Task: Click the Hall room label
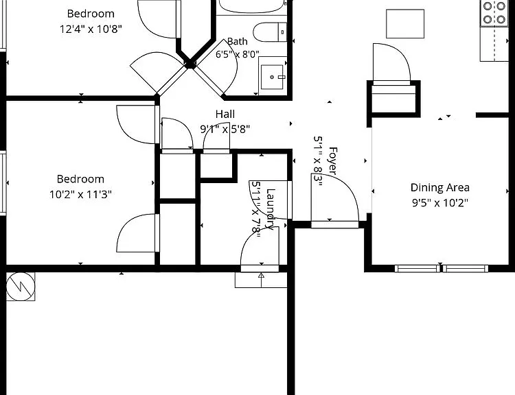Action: click(225, 114)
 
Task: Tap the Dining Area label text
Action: click(439, 188)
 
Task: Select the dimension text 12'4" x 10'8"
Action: click(91, 29)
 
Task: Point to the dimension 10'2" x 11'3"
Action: click(80, 195)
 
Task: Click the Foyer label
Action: click(333, 160)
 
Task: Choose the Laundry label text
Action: click(270, 209)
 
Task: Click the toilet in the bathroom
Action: click(270, 32)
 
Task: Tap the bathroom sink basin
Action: click(272, 77)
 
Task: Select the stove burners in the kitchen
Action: click(494, 13)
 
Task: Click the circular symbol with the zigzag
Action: click(21, 287)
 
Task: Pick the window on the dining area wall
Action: click(441, 269)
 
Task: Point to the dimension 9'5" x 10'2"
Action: click(439, 203)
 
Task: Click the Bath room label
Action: click(238, 42)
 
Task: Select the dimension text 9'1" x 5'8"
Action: click(225, 129)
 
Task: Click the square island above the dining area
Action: click(405, 24)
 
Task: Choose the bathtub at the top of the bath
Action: click(251, 7)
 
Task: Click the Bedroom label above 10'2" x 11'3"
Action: click(80, 179)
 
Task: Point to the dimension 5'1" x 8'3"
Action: click(318, 160)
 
